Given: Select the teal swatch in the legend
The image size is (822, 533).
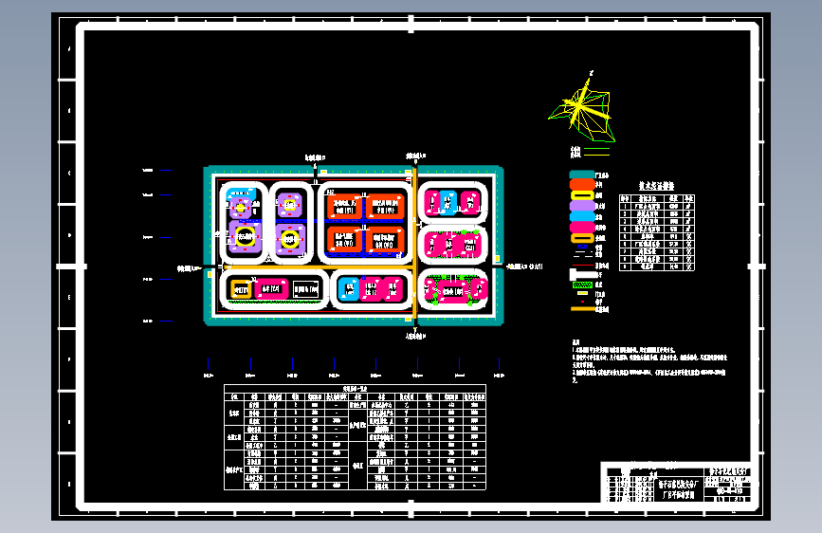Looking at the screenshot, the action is point(581,175).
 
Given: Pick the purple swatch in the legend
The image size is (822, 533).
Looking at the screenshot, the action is point(581,206).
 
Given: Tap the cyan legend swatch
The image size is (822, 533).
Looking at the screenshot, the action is point(581,216).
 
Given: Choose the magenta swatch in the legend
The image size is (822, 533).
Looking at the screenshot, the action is point(581,227).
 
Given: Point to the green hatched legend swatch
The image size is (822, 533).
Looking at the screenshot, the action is point(581,285).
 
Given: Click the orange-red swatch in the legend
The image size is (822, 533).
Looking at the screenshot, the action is point(581,185).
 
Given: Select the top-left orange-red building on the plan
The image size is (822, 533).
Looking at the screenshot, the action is point(344,206).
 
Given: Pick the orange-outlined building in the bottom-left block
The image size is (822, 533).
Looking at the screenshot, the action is point(241,288).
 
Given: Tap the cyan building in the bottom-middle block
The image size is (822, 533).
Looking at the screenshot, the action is point(348,289).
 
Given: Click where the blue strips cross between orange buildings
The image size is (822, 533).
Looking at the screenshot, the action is point(365,223).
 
